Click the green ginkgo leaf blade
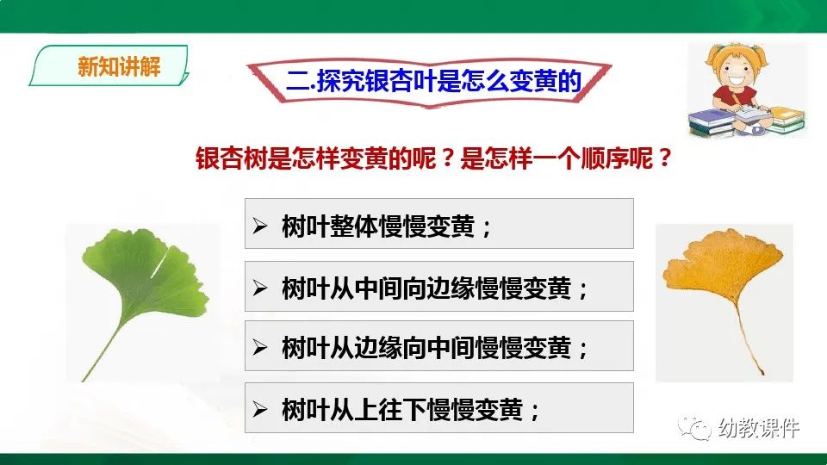click(146, 276)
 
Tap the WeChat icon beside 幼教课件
click(694, 427)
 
